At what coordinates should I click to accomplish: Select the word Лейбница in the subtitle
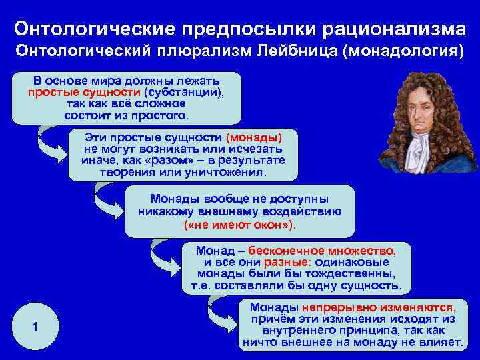(x=293, y=51)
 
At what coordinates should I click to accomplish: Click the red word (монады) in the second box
(x=254, y=137)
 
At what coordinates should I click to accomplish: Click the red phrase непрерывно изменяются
(x=379, y=307)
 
